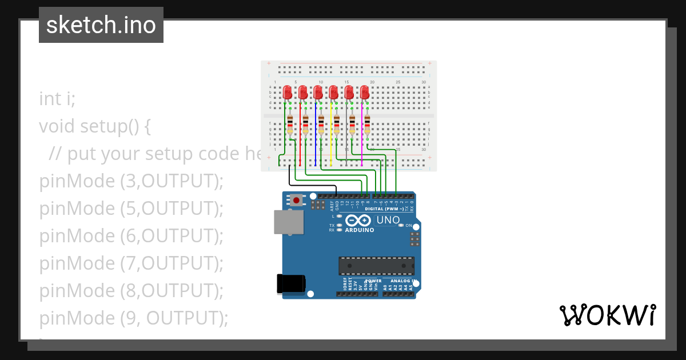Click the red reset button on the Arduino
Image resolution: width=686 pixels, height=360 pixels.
pos(297,201)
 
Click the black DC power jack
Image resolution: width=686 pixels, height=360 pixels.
pos(290,284)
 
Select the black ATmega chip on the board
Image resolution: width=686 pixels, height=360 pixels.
pos(376,266)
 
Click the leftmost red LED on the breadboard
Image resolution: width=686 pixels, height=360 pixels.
pos(288,92)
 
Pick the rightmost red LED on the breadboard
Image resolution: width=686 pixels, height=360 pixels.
pos(365,92)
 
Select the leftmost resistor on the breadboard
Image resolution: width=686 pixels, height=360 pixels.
pos(290,125)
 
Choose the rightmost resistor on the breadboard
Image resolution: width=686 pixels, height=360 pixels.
pos(368,125)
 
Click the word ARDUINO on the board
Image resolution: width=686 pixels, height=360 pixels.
pos(360,230)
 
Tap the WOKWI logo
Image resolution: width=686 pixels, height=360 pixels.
pos(607,315)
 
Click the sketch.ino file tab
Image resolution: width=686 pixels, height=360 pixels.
pos(101,25)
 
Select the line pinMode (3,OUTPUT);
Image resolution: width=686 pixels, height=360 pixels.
pos(131,181)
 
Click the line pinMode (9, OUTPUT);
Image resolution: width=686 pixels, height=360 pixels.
pos(134,318)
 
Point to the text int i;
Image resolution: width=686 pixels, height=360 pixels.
pos(57,98)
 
